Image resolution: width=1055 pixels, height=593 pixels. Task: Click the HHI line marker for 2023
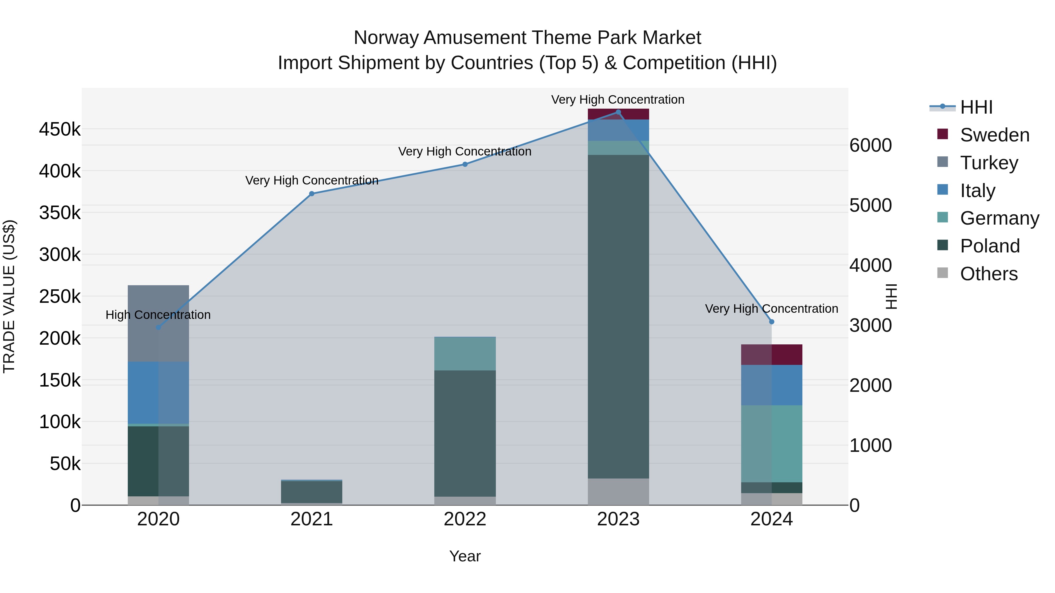[618, 112]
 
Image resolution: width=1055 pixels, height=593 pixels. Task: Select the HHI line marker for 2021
[312, 194]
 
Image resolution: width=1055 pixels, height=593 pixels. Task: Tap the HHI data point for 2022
[465, 164]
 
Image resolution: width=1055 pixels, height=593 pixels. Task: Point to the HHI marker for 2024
[772, 322]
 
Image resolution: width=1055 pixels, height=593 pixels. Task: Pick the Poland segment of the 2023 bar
[618, 316]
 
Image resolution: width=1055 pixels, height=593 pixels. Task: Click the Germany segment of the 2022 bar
[465, 353]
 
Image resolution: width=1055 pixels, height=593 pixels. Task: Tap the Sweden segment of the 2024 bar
[772, 354]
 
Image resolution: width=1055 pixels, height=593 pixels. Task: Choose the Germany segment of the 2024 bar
[772, 444]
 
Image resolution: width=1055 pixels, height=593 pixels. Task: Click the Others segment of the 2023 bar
[618, 491]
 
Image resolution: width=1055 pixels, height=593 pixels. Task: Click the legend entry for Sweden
[994, 135]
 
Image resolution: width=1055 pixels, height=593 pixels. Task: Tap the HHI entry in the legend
[976, 107]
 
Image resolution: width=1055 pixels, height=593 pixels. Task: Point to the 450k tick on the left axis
[60, 129]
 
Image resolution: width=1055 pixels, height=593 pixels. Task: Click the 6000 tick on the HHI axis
[870, 145]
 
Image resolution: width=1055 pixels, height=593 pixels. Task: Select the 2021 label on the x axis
[312, 519]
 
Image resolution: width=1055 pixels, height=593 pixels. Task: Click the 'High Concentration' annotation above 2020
[158, 315]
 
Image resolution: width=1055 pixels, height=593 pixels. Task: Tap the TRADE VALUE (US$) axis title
[9, 296]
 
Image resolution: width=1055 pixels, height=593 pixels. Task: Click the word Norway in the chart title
[386, 38]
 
